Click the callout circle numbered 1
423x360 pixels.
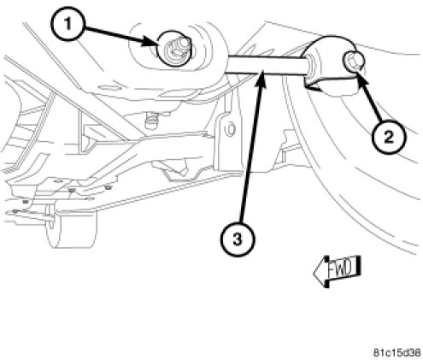68,25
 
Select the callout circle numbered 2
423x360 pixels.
389,138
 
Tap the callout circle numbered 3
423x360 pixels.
237,239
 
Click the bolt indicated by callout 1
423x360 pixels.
174,49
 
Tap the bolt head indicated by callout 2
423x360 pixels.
354,60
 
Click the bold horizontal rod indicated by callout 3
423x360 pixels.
267,65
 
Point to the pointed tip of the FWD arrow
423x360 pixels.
314,273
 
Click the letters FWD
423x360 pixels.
341,269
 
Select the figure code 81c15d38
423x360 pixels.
397,352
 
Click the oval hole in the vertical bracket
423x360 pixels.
230,129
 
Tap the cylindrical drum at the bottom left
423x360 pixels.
71,228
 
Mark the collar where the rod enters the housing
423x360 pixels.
310,66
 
